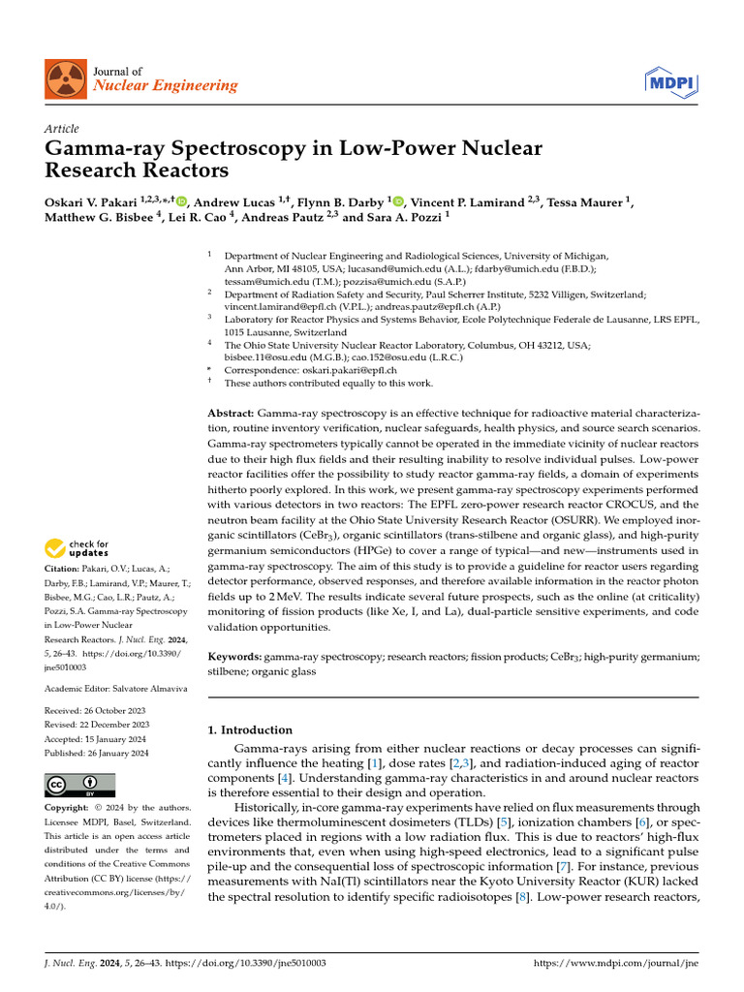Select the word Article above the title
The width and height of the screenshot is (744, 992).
click(62, 129)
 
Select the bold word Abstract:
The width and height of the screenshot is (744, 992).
click(232, 414)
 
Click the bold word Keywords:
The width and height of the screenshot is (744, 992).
click(235, 656)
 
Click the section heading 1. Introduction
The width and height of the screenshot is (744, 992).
click(251, 730)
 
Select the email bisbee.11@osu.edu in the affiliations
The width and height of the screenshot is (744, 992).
click(263, 356)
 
